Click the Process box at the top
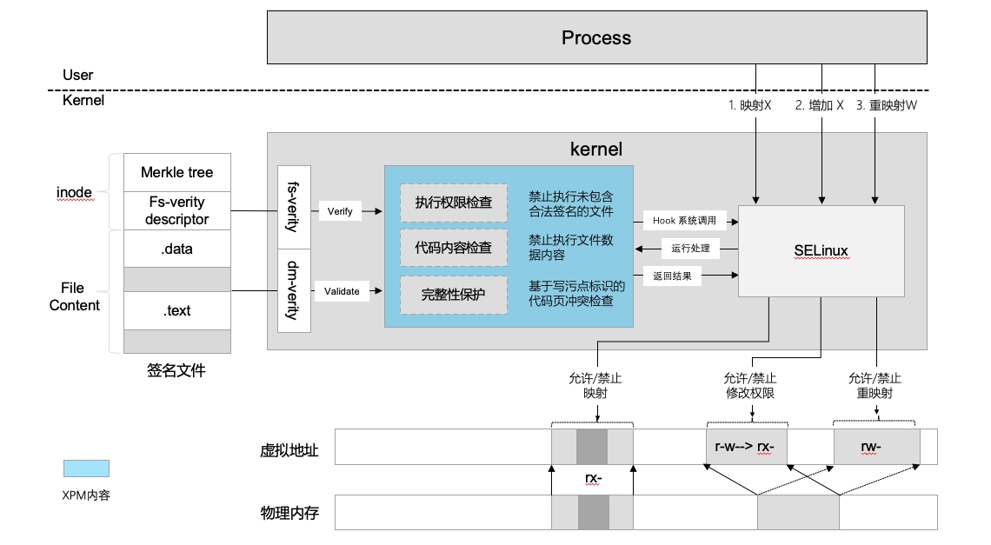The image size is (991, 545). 596,38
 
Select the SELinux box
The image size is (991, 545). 821,251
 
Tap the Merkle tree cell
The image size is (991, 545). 176,172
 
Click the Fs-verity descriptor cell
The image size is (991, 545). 176,210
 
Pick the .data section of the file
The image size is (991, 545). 176,249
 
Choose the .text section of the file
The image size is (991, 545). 176,310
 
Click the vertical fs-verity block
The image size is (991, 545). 293,208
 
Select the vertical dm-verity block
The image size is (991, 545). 293,290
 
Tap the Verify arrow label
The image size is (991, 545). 340,211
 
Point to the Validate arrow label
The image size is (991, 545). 342,291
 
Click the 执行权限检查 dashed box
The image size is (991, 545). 453,203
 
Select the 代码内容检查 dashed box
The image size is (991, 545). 453,248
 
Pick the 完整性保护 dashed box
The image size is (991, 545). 453,295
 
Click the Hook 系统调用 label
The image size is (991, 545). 684,221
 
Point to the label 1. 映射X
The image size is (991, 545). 749,105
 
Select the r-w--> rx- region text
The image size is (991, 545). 745,447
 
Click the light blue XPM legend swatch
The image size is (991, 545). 86,469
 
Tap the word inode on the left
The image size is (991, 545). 75,192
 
